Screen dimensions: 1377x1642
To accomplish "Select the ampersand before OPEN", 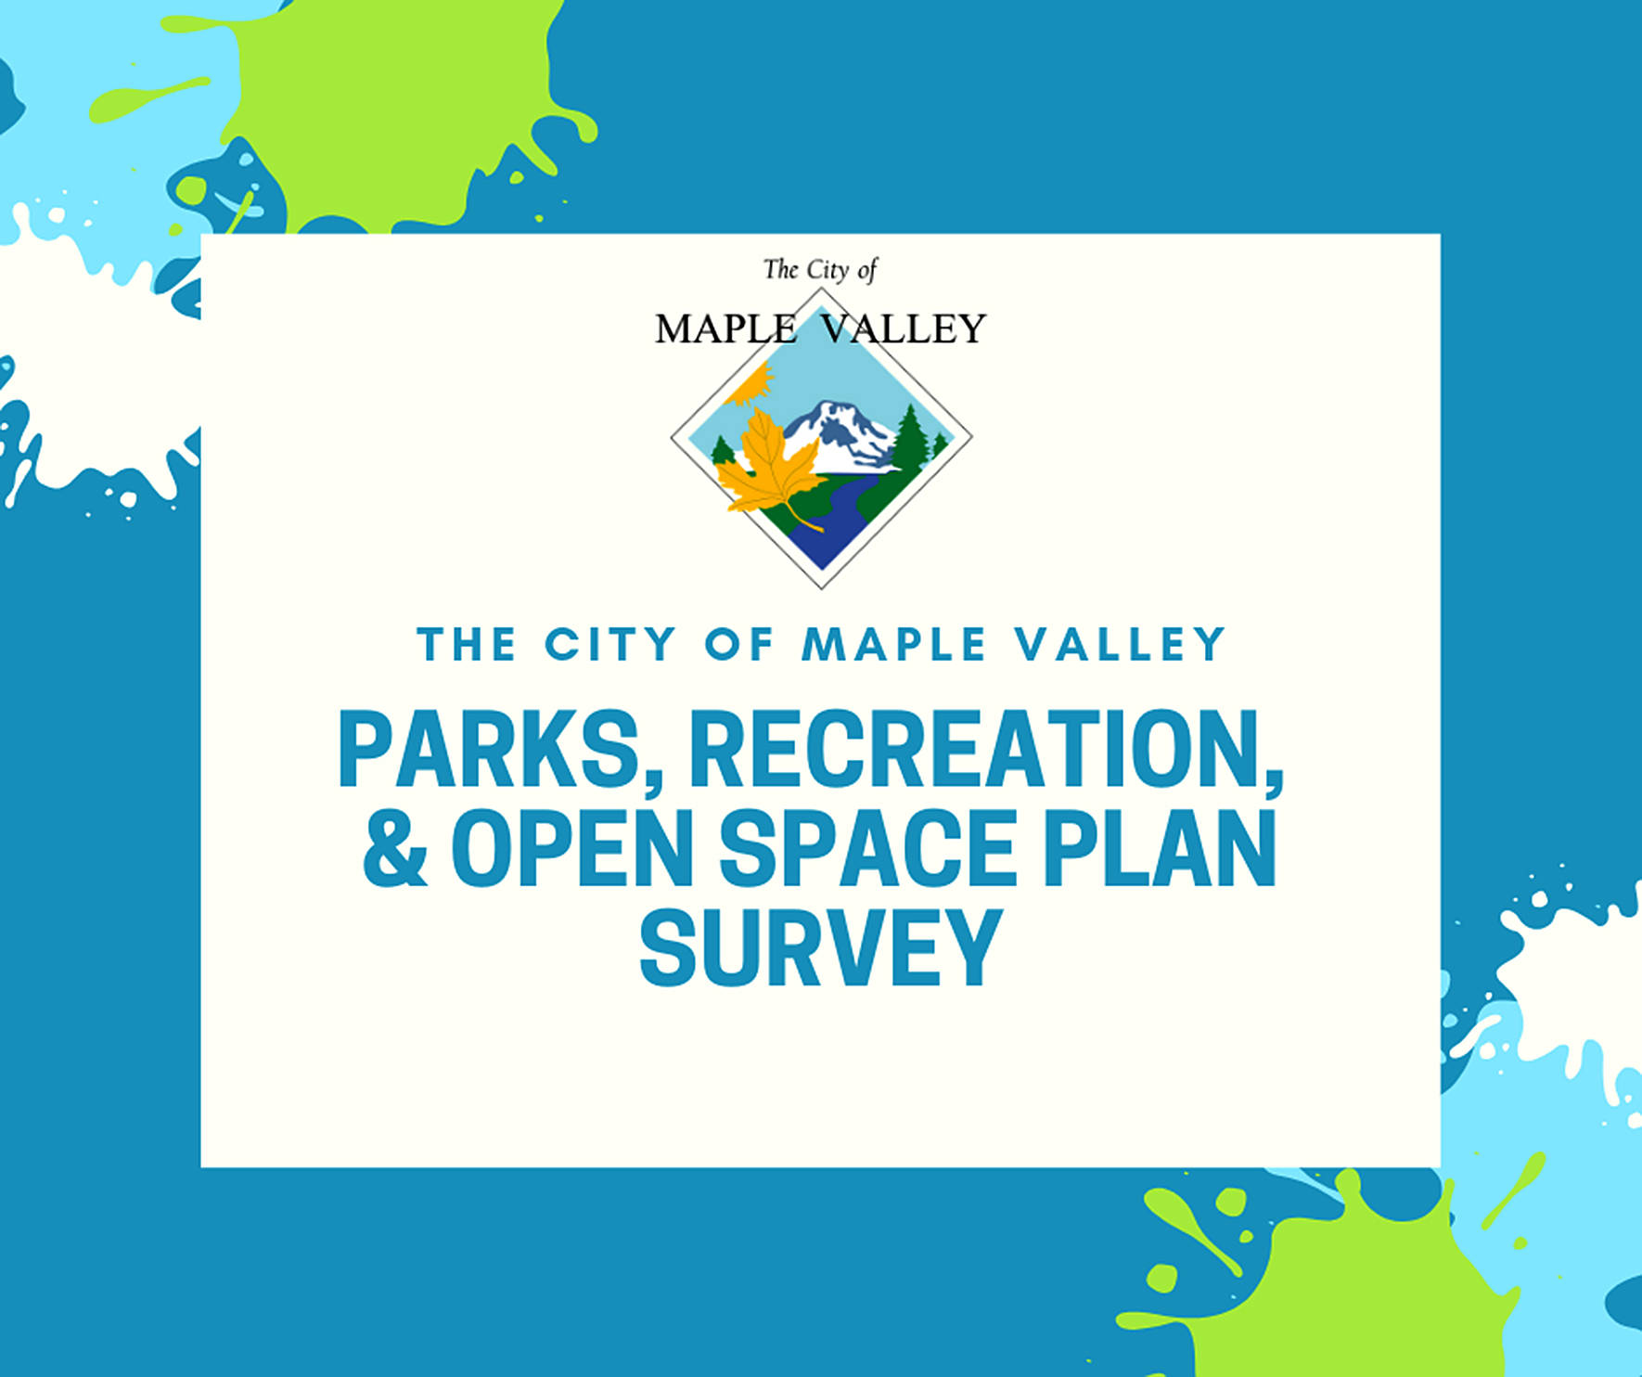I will click(396, 847).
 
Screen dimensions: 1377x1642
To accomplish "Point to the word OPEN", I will click(572, 847).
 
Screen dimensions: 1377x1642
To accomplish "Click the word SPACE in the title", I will click(867, 847).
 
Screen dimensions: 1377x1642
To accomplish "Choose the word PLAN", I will click(1160, 847).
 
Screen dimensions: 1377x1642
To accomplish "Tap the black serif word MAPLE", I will click(725, 328).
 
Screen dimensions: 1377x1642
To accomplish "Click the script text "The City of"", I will click(820, 270).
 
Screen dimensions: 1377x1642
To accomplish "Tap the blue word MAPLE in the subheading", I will click(894, 644).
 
